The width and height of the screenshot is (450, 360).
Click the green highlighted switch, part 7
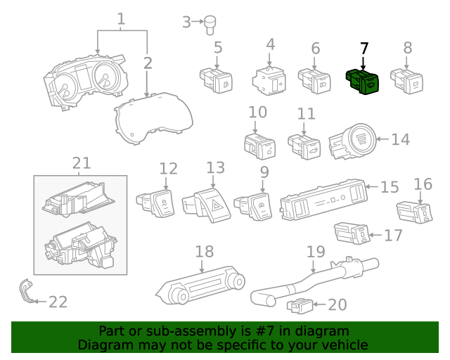coord(362,82)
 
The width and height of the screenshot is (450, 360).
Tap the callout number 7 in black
coord(364,49)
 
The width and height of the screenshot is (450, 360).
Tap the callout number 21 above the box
coord(82,163)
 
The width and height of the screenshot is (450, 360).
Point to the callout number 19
coord(316,251)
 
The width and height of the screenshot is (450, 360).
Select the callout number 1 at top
coord(121,19)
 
